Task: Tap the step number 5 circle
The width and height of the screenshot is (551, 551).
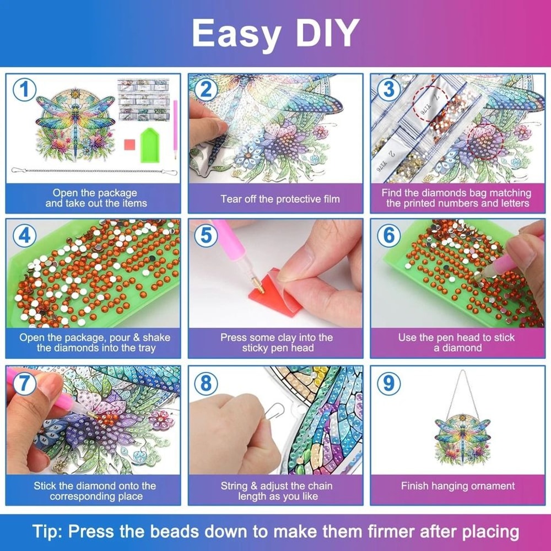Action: [x=206, y=236]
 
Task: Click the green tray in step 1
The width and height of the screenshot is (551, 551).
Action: [x=149, y=143]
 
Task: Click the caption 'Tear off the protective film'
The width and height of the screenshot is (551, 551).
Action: [x=280, y=199]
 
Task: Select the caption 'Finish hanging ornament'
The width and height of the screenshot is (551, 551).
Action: [x=458, y=486]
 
